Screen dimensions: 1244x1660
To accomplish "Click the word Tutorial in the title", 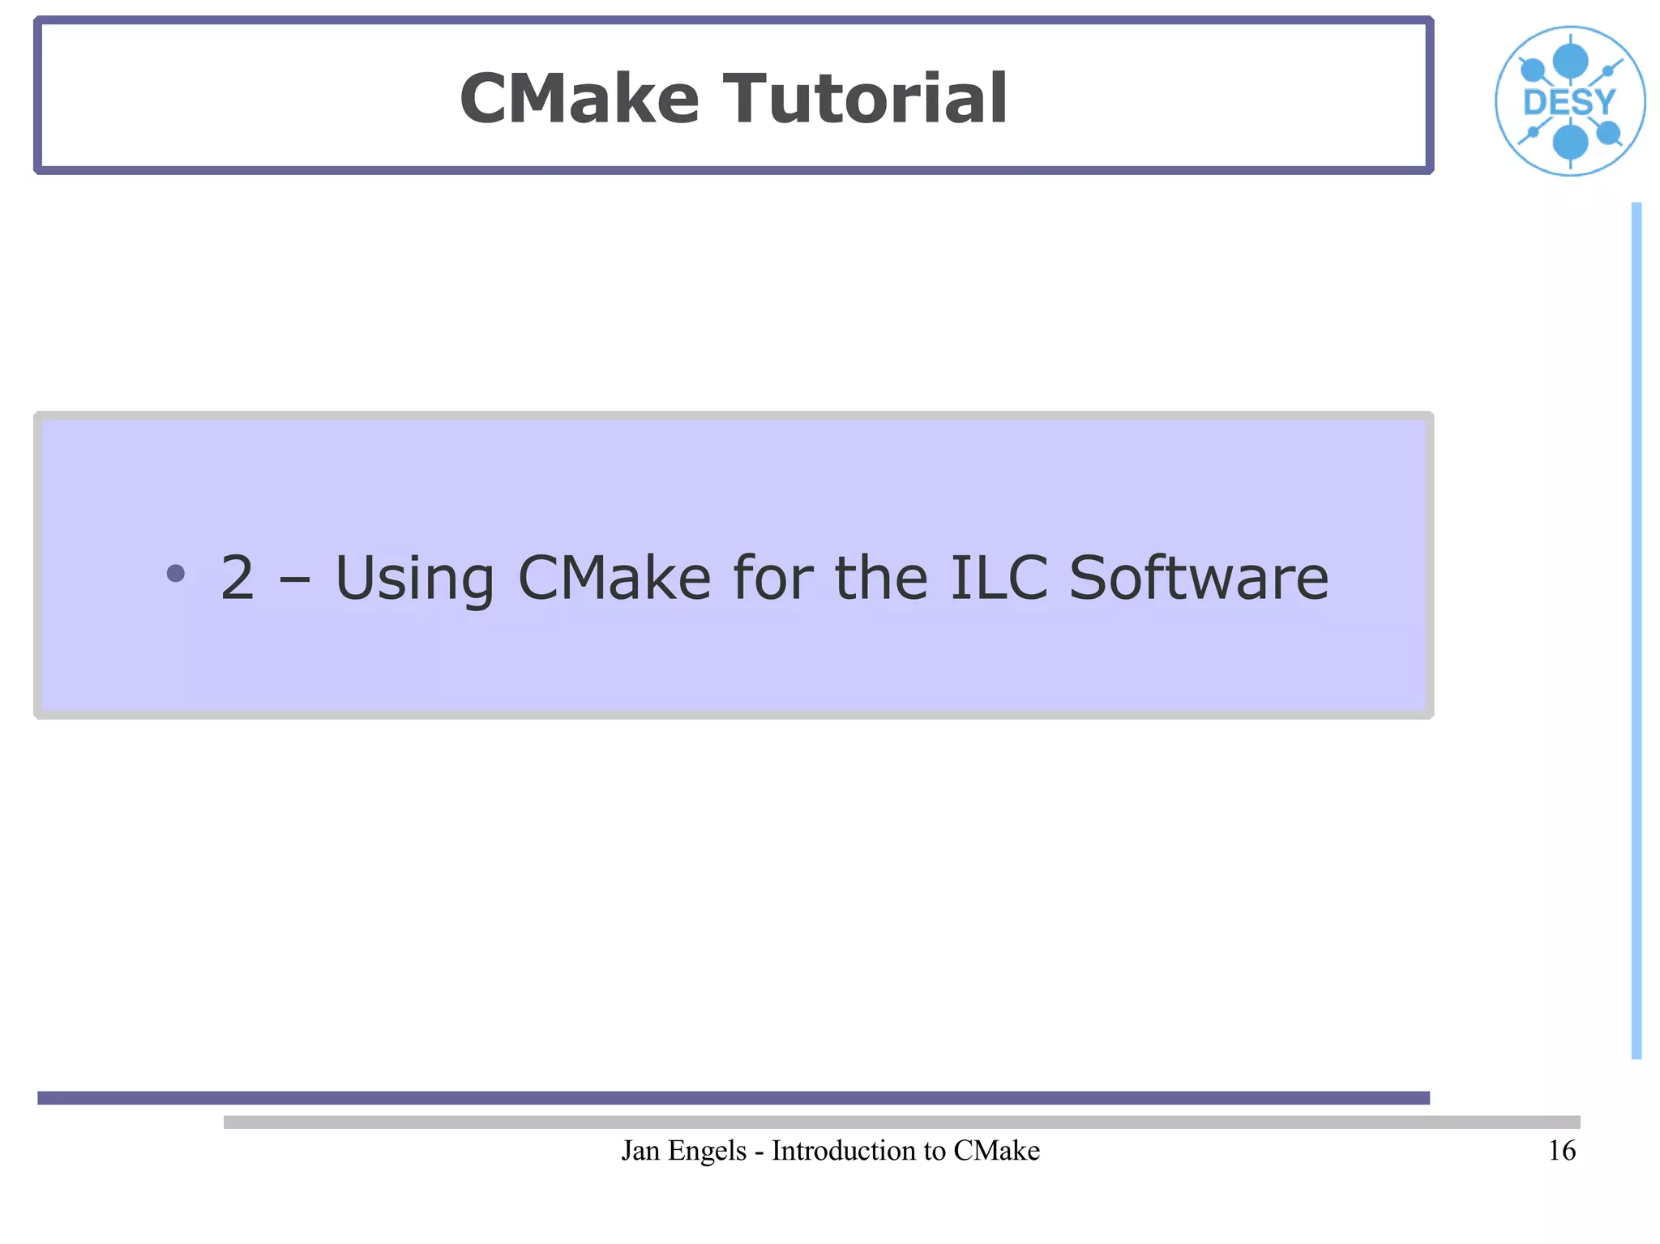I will click(865, 99).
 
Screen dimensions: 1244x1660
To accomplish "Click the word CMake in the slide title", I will click(579, 99).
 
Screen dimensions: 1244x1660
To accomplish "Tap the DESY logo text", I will click(1569, 103).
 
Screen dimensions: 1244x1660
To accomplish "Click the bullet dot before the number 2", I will click(175, 574).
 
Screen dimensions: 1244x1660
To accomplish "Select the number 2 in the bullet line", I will click(237, 579).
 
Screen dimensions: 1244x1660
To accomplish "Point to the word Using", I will click(414, 579).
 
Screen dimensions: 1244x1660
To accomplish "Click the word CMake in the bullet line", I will click(614, 579).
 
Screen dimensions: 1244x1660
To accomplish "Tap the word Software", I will click(1199, 579).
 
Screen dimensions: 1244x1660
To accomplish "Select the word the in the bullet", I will click(881, 579).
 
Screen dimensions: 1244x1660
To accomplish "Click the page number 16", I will click(1561, 1151).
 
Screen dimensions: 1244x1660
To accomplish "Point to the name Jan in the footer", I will click(640, 1151).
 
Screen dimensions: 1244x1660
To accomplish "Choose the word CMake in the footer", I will click(996, 1151).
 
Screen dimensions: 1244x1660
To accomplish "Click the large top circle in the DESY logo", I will click(1570, 61).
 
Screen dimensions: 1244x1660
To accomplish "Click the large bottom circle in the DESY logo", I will click(1570, 143).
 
